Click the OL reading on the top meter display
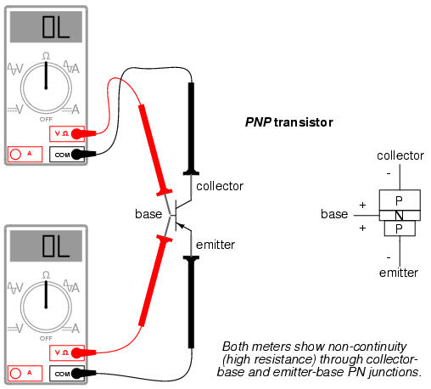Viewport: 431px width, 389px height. point(56,27)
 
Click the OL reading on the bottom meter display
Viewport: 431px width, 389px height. point(56,245)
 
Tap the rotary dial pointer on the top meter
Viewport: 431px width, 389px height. point(46,76)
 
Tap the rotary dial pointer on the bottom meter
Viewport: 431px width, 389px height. point(46,295)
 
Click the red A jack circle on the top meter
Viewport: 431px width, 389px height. point(15,155)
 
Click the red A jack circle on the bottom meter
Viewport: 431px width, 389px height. point(15,374)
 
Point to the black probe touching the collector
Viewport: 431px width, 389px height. point(191,129)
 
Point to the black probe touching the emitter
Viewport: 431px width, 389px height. point(191,302)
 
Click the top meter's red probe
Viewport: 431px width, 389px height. point(154,150)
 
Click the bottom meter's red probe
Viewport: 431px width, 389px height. point(155,280)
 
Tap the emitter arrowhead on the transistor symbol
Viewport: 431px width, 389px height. point(181,226)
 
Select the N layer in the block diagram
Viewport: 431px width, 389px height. point(400,216)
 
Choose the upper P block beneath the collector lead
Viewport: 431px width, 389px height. point(400,200)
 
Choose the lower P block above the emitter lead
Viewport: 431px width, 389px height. point(400,228)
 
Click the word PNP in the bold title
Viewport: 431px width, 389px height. point(258,122)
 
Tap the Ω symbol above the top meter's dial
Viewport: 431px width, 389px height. point(46,56)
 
